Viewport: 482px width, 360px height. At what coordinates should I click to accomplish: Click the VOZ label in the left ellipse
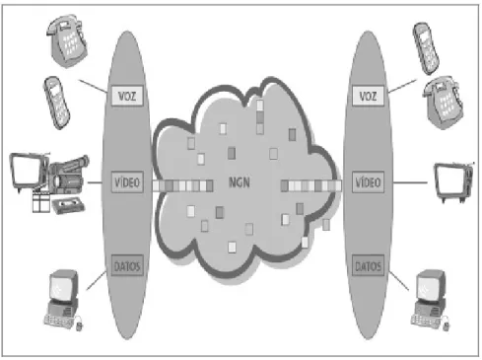tap(127, 96)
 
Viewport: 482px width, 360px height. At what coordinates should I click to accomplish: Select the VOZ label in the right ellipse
tap(368, 96)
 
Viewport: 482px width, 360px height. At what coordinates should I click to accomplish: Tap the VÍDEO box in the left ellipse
tap(127, 181)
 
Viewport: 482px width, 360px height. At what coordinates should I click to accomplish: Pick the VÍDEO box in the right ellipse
tap(368, 181)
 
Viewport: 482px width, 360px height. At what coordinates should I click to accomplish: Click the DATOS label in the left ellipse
tap(127, 265)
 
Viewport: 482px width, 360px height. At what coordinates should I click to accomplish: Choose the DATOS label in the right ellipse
tap(368, 265)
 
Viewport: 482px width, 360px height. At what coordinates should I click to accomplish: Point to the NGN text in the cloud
tap(240, 182)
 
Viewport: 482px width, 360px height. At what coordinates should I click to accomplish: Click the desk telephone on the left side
tap(67, 40)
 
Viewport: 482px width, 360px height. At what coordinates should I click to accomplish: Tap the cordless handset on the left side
tap(56, 103)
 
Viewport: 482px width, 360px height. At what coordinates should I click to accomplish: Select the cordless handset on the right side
tap(426, 48)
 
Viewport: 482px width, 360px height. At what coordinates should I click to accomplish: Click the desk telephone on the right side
tap(443, 103)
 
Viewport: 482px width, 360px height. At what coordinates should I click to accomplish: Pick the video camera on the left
tap(68, 176)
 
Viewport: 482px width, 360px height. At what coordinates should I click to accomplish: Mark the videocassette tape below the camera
tap(68, 205)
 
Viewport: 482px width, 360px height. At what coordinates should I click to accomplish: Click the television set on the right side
tap(454, 181)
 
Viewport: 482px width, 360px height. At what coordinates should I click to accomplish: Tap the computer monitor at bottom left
tap(64, 286)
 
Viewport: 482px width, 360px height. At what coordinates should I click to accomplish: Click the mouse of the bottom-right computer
tap(446, 325)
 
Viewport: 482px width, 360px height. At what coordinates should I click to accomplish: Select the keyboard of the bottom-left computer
tap(59, 321)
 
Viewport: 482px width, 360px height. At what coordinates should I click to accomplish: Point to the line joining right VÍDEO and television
tap(410, 182)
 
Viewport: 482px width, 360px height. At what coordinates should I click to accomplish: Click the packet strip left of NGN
tap(182, 186)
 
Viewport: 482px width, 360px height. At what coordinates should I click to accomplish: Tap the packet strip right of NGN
tap(311, 186)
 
